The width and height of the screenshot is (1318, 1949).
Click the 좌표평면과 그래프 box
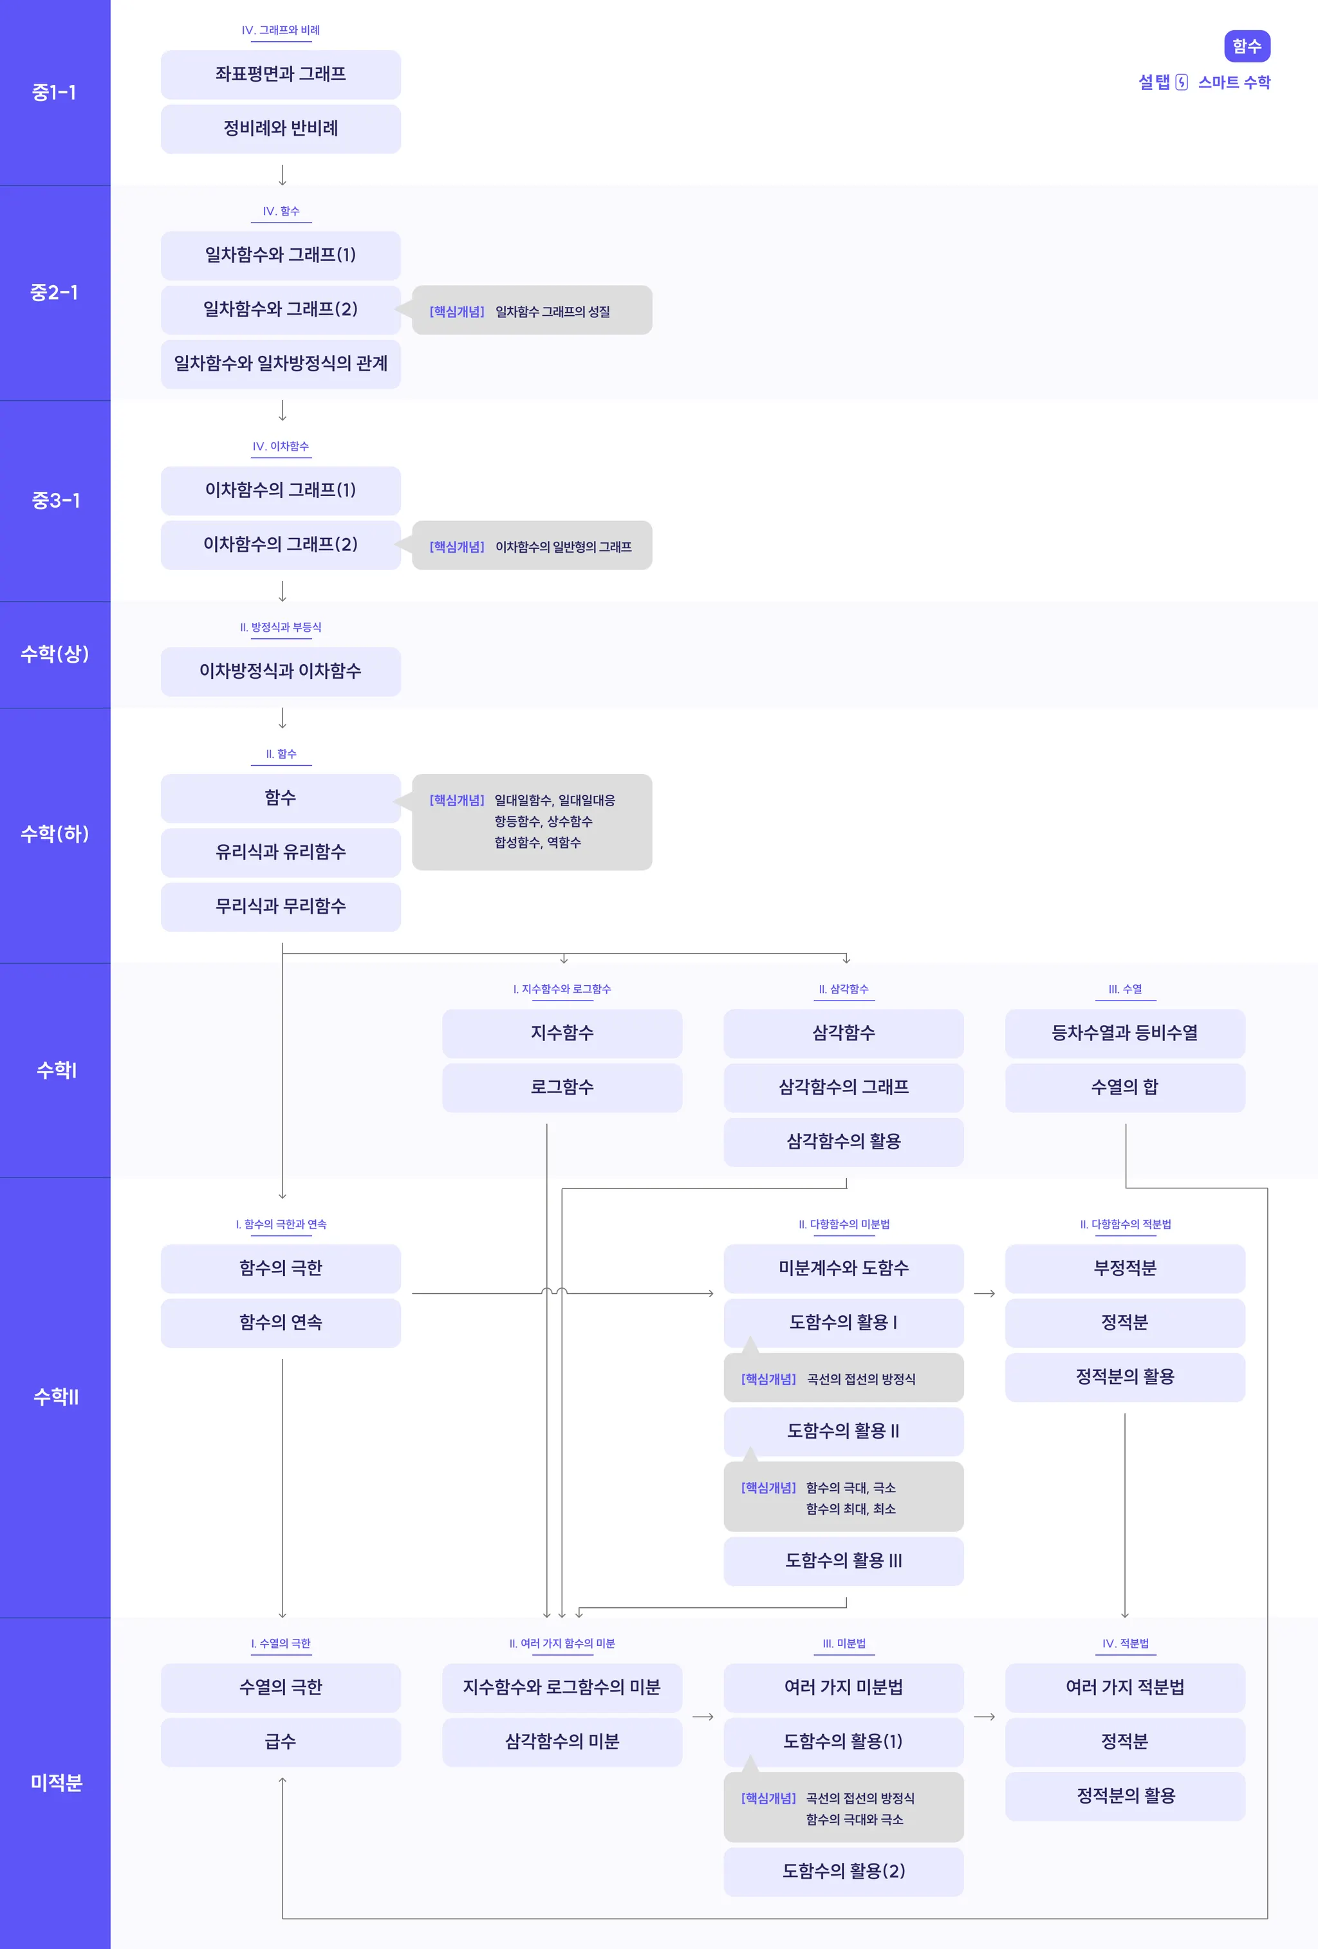coord(280,75)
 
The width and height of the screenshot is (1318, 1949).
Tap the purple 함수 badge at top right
coord(1247,46)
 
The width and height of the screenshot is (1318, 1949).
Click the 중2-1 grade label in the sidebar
coord(55,293)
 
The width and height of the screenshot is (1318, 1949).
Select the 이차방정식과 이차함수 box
coord(280,671)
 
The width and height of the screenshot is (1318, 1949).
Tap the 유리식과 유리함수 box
coord(280,852)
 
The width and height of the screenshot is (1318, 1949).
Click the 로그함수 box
coord(562,1087)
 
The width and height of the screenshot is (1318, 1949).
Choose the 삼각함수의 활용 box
coord(843,1141)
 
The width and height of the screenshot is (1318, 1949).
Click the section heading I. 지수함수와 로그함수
coord(562,990)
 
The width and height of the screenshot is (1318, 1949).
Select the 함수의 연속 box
coord(280,1322)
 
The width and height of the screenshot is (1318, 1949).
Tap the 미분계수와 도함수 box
coord(843,1268)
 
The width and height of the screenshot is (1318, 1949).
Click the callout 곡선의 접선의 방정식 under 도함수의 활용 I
coord(843,1379)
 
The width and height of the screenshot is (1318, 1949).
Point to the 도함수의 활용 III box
coord(843,1561)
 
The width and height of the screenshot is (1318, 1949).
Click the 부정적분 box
coord(1124,1268)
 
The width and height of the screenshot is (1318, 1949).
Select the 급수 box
coord(280,1742)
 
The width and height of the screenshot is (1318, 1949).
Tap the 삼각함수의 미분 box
coord(562,1742)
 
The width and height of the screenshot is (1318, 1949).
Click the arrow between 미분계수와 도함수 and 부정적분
coord(984,1294)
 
